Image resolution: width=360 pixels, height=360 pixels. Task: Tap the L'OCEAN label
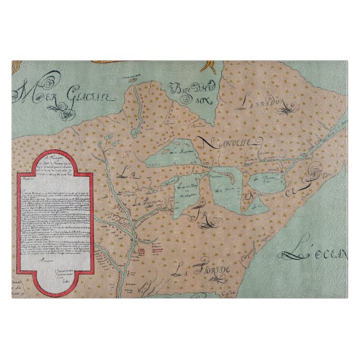tap(319, 254)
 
